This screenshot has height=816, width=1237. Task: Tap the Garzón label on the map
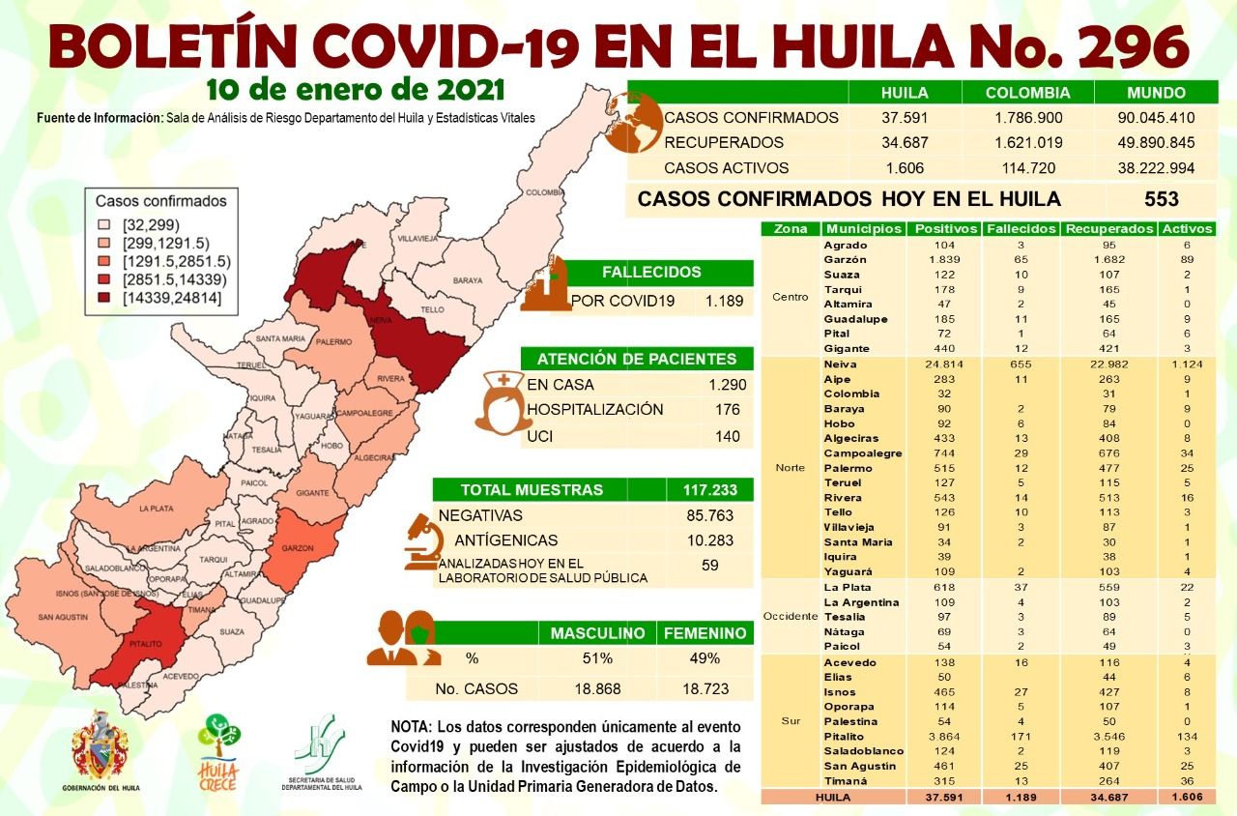pos(297,548)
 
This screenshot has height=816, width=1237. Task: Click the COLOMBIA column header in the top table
pos(1027,93)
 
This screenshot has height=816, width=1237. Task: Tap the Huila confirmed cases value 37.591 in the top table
pos(905,118)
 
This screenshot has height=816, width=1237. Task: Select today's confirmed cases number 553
pos(1160,199)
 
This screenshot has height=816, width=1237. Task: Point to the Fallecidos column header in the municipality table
pos(1020,229)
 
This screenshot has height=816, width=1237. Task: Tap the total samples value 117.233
pos(709,490)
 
